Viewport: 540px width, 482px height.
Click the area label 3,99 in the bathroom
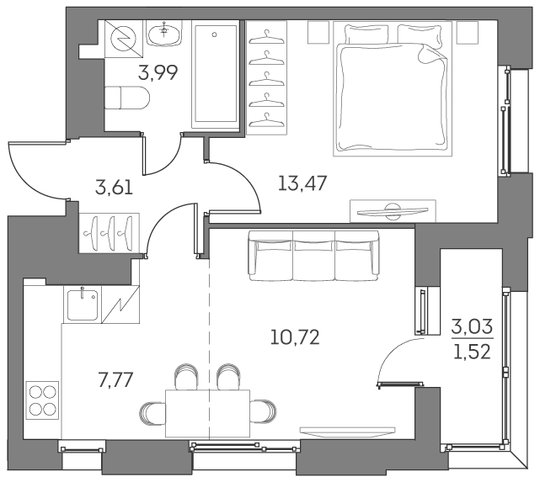pyautogui.click(x=158, y=72)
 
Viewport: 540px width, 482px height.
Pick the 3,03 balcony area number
pyautogui.click(x=472, y=324)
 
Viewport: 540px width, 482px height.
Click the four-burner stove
pyautogui.click(x=42, y=399)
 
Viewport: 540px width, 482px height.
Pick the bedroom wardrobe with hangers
pyautogui.click(x=266, y=76)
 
